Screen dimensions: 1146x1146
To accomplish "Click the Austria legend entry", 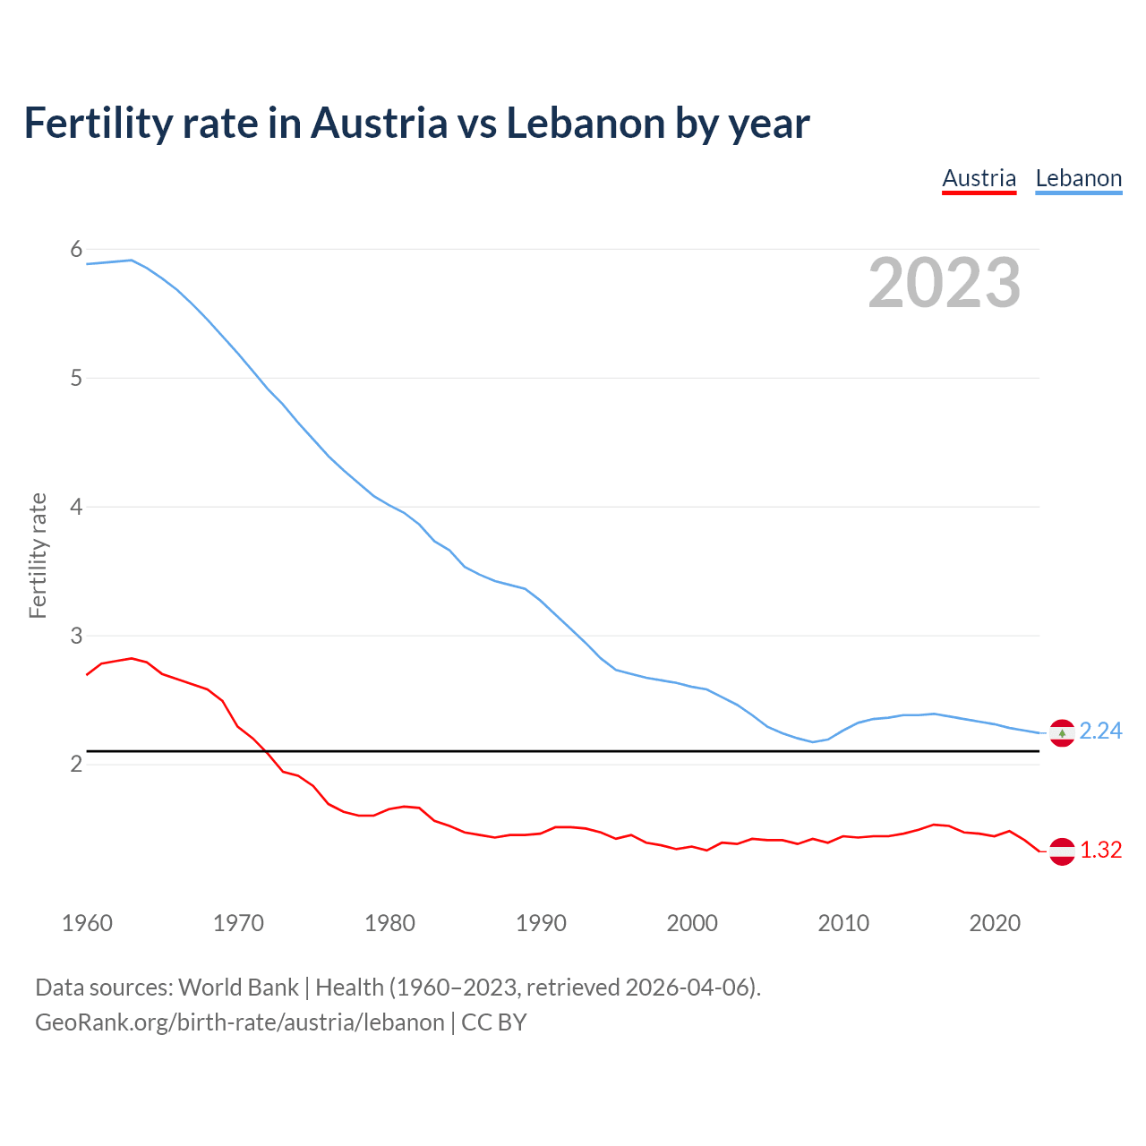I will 979,178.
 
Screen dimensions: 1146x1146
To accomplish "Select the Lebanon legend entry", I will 1078,178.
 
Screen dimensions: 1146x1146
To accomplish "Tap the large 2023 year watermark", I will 945,283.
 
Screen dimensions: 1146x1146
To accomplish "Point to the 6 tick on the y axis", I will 76,250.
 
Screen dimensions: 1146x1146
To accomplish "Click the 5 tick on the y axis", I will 76,378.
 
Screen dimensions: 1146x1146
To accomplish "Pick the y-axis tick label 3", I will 76,636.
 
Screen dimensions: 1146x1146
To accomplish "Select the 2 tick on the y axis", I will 76,764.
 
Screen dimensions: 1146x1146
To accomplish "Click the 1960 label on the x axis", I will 87,923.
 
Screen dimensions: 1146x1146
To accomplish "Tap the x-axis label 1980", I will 389,923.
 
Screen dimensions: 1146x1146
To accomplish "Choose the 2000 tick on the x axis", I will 692,923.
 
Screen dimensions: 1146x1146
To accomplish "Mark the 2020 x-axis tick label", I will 995,923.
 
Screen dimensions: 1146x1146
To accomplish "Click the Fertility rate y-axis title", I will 38,555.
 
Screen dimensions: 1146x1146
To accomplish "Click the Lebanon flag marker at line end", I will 1062,732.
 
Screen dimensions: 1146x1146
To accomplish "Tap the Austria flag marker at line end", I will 1062,851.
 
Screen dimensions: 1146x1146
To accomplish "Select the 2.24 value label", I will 1100,731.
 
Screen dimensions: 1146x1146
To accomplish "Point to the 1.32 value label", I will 1100,851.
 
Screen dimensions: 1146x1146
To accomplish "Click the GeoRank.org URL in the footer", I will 239,1022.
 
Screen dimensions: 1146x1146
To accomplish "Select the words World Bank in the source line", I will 238,988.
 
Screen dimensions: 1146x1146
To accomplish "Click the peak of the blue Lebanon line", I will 132,260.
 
